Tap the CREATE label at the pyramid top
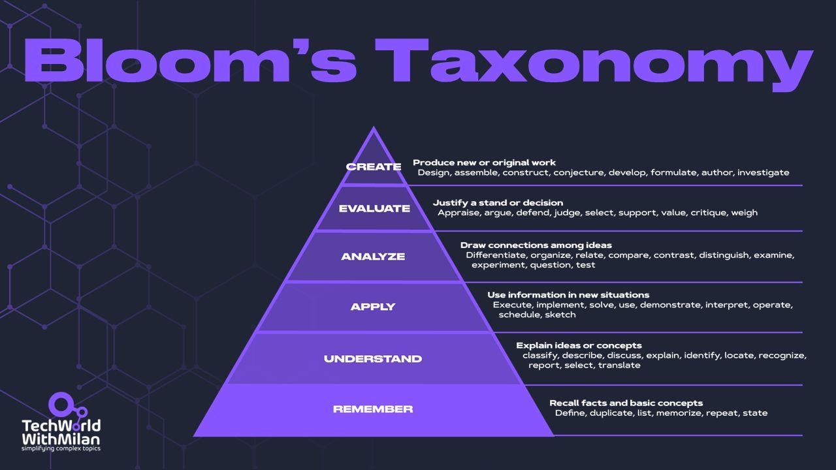(374, 166)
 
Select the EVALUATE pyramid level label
(374, 209)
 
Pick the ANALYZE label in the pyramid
(373, 257)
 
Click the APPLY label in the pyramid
(373, 307)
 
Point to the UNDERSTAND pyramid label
(373, 358)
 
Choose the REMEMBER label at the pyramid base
(373, 409)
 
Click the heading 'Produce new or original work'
(484, 163)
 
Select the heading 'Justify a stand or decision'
(498, 202)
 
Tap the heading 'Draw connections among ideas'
(536, 245)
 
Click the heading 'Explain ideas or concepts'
(579, 345)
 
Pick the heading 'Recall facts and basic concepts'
(626, 403)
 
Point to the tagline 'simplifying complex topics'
(61, 448)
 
